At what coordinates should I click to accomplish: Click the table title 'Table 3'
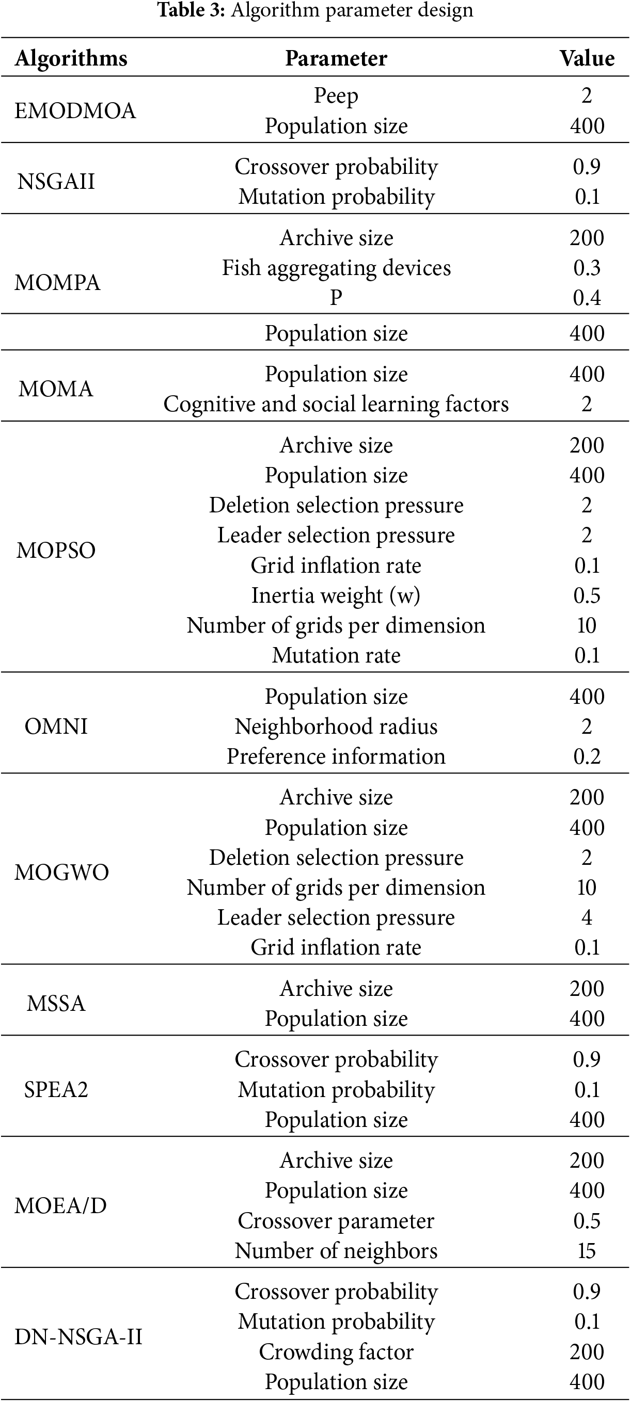pyautogui.click(x=191, y=10)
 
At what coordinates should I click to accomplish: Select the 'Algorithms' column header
pyautogui.click(x=71, y=58)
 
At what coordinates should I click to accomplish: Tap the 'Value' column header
pyautogui.click(x=587, y=58)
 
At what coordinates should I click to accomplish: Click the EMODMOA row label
pyautogui.click(x=74, y=110)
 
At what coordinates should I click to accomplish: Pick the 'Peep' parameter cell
pyautogui.click(x=336, y=96)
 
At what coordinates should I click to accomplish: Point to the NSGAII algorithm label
pyautogui.click(x=56, y=181)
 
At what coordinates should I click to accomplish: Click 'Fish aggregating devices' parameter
pyautogui.click(x=336, y=268)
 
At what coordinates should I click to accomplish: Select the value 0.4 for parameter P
pyautogui.click(x=587, y=298)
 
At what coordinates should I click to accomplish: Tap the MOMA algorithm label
pyautogui.click(x=56, y=389)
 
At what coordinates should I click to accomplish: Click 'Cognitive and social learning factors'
pyautogui.click(x=336, y=404)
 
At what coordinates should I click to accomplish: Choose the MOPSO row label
pyautogui.click(x=56, y=550)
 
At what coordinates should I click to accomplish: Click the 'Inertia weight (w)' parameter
pyautogui.click(x=336, y=595)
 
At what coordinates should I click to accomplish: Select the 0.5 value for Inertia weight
pyautogui.click(x=587, y=595)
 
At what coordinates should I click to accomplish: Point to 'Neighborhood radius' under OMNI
pyautogui.click(x=336, y=727)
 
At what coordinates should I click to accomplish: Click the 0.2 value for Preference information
pyautogui.click(x=587, y=756)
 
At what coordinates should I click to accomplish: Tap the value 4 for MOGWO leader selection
pyautogui.click(x=587, y=917)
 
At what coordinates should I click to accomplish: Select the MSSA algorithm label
pyautogui.click(x=56, y=1004)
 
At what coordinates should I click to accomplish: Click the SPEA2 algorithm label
pyautogui.click(x=56, y=1090)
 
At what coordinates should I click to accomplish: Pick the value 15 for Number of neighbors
pyautogui.click(x=587, y=1251)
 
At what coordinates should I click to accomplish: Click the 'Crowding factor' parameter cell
pyautogui.click(x=336, y=1352)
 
